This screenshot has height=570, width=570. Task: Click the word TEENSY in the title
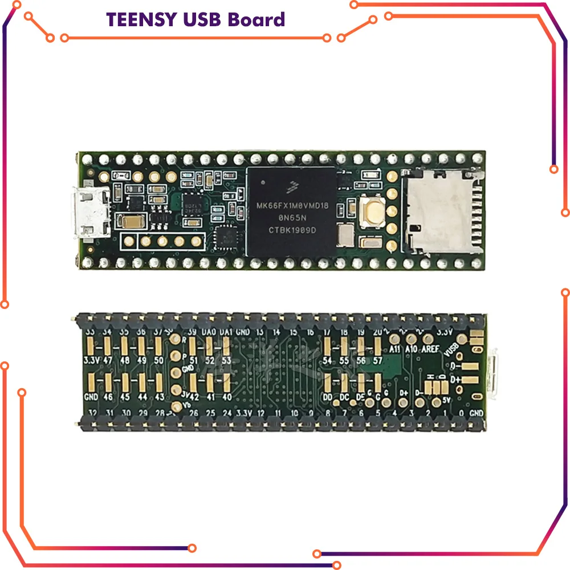tap(140, 19)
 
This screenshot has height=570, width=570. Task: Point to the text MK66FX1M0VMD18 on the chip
tap(292, 205)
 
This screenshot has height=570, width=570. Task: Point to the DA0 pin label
tap(209, 332)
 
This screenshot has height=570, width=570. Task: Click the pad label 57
tap(377, 361)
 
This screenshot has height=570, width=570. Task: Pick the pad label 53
tap(227, 360)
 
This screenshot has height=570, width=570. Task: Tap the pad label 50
tap(159, 360)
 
